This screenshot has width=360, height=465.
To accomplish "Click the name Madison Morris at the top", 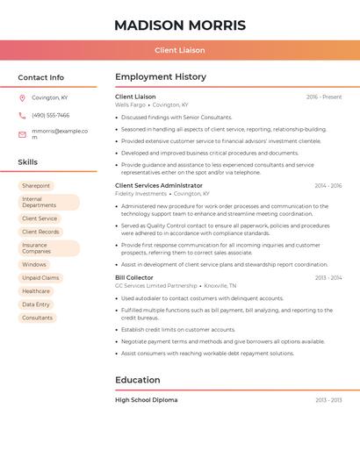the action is [x=180, y=25].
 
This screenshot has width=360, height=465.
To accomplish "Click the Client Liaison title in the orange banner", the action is [x=180, y=50].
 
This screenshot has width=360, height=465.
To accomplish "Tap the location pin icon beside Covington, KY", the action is [x=22, y=97].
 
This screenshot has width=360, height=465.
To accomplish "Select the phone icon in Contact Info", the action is [x=22, y=115].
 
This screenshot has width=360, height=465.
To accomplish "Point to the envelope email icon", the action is [x=22, y=134].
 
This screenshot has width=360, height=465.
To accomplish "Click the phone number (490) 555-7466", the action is [x=50, y=115].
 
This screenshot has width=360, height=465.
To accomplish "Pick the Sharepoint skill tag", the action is [x=36, y=186].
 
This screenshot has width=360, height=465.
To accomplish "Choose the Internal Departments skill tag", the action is [x=48, y=203].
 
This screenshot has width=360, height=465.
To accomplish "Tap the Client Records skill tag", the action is [x=40, y=232].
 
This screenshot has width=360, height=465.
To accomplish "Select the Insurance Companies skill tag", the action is [x=48, y=248].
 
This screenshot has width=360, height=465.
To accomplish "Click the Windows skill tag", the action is [x=34, y=264].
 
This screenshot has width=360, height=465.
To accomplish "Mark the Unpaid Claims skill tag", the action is [x=40, y=277].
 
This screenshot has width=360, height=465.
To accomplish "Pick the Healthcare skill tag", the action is [x=36, y=291].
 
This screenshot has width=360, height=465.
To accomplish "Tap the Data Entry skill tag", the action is [x=36, y=304].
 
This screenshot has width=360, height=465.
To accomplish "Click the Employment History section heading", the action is [x=161, y=77].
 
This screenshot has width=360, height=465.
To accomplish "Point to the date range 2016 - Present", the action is [x=324, y=97].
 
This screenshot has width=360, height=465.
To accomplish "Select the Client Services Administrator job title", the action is [x=159, y=186].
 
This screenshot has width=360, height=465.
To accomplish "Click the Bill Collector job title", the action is [x=134, y=277].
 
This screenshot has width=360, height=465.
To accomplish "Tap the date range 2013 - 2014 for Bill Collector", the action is [x=328, y=277].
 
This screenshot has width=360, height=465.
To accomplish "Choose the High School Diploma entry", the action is [x=146, y=400].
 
